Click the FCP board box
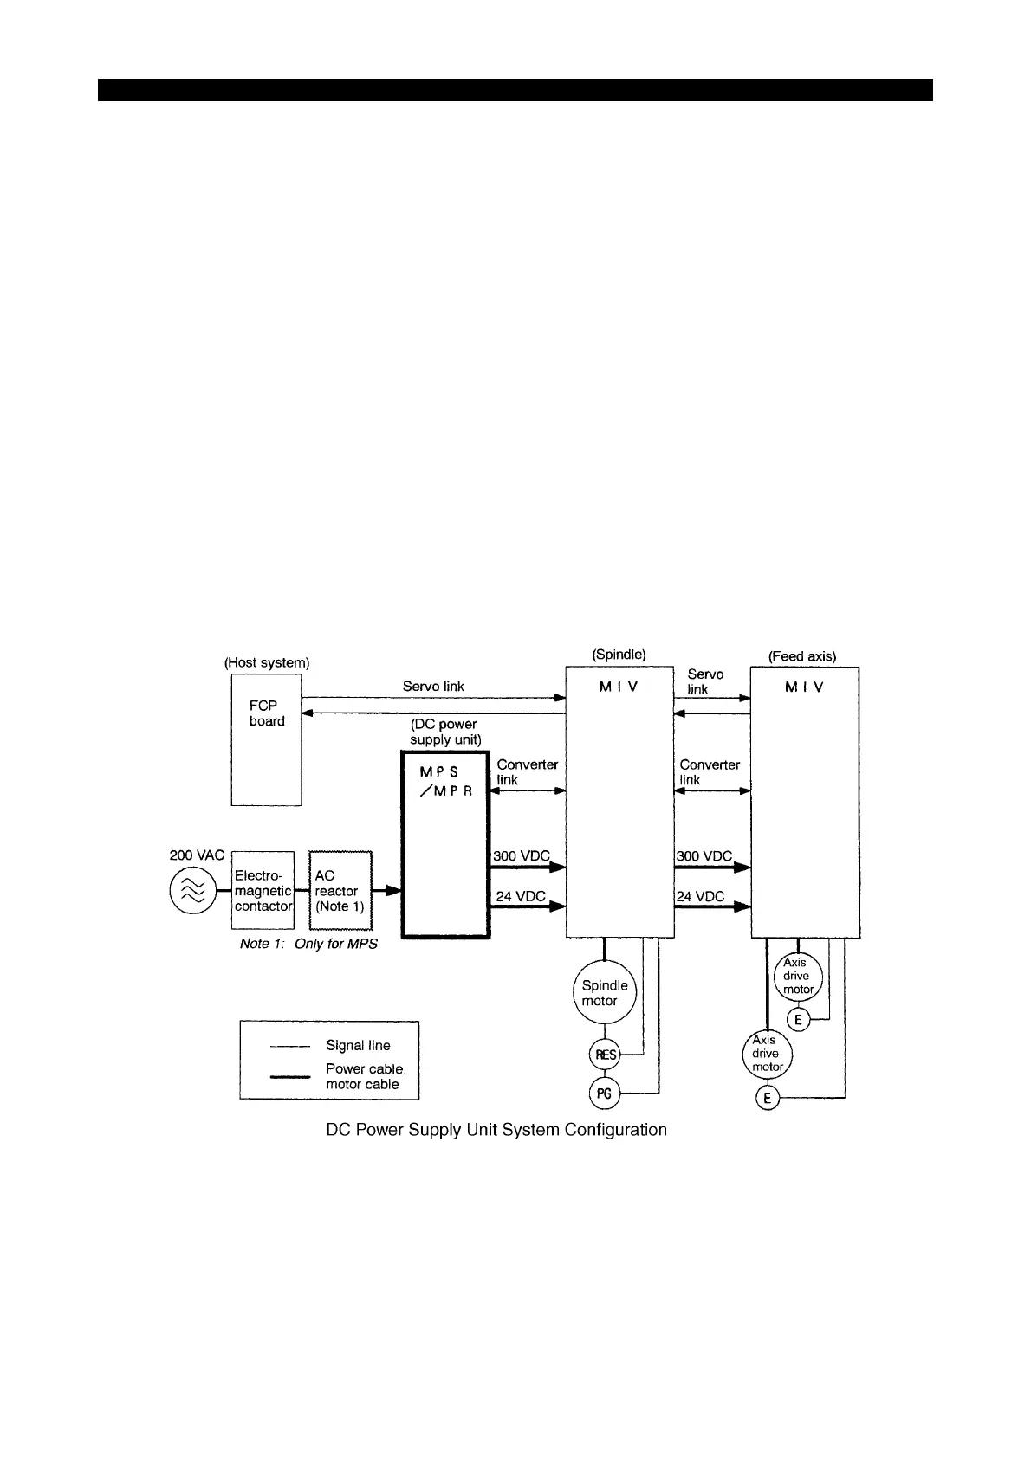point(266,740)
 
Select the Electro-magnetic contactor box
point(263,891)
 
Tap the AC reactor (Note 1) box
point(340,891)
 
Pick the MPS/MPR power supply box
point(445,844)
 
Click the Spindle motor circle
point(605,993)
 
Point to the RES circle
point(605,1055)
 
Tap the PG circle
point(605,1093)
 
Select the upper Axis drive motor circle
point(797,976)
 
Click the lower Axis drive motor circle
point(767,1054)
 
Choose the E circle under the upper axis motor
point(798,1020)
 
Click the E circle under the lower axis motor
point(767,1099)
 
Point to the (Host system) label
point(267,662)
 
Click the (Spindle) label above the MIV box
point(619,655)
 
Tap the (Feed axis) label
point(802,656)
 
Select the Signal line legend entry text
point(358,1046)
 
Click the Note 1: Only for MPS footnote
point(308,944)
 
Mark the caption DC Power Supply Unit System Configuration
point(496,1130)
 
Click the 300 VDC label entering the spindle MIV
point(522,855)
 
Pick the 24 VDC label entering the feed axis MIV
point(700,896)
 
